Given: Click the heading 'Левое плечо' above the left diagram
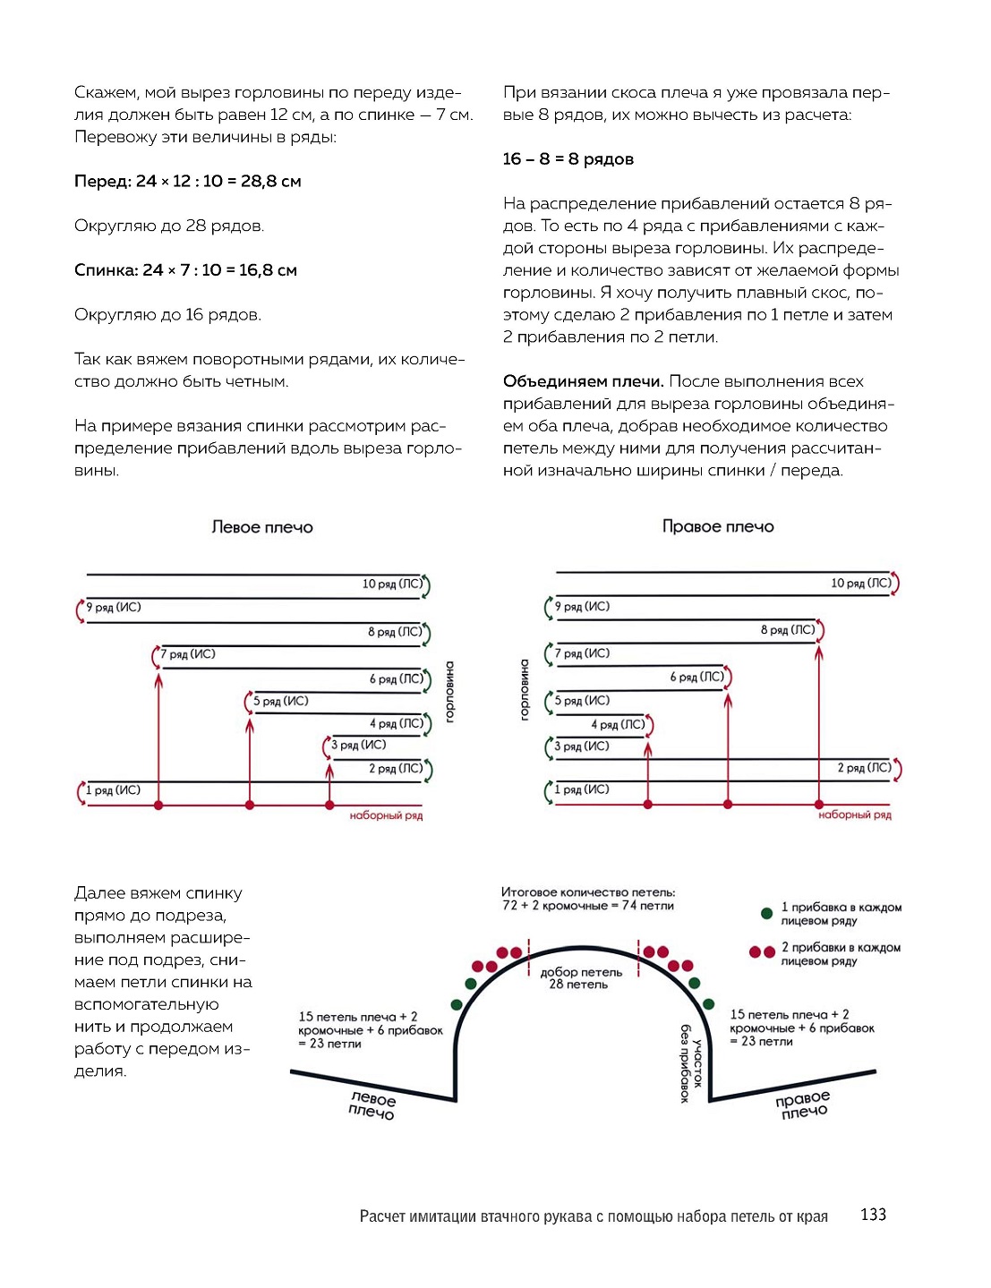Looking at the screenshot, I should pyautogui.click(x=262, y=527).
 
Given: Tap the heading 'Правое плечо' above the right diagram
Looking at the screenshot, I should pyautogui.click(x=718, y=526).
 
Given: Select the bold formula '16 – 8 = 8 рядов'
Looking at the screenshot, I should pyautogui.click(x=568, y=159).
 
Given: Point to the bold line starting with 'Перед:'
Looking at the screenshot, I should pyautogui.click(x=188, y=182).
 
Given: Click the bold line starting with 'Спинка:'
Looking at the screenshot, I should pyautogui.click(x=186, y=270).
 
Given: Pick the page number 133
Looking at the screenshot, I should pyautogui.click(x=873, y=1215).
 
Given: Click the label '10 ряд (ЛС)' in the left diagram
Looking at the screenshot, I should pyautogui.click(x=392, y=584).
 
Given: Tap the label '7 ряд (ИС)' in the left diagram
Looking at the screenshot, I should pyautogui.click(x=188, y=654).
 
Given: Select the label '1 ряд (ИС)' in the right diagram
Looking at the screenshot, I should pyautogui.click(x=582, y=789).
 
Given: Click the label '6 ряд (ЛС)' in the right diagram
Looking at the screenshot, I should pyautogui.click(x=696, y=677).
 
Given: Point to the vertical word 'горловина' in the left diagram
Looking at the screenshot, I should pyautogui.click(x=449, y=692).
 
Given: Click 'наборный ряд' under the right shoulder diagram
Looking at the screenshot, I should pyautogui.click(x=855, y=815).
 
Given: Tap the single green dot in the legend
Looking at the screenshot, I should pyautogui.click(x=766, y=914).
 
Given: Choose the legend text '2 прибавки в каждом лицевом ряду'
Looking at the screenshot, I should pyautogui.click(x=841, y=954).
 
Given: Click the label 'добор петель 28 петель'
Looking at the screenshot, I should pyautogui.click(x=581, y=978).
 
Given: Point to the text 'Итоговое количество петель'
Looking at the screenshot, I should pyautogui.click(x=588, y=892).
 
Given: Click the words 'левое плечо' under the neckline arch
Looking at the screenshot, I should pyautogui.click(x=372, y=1105).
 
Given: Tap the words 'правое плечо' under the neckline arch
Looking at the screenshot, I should pyautogui.click(x=803, y=1105).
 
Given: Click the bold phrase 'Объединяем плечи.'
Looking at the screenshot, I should pyautogui.click(x=583, y=381).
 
